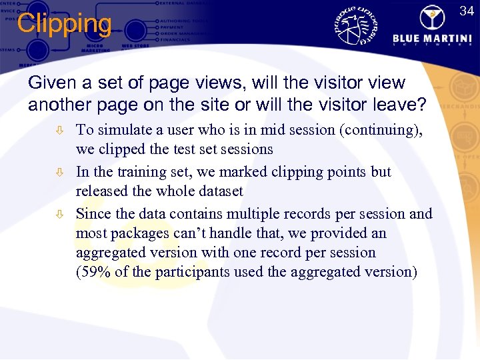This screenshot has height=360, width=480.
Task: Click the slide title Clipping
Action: click(x=64, y=24)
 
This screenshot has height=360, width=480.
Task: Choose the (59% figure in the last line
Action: click(x=93, y=272)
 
